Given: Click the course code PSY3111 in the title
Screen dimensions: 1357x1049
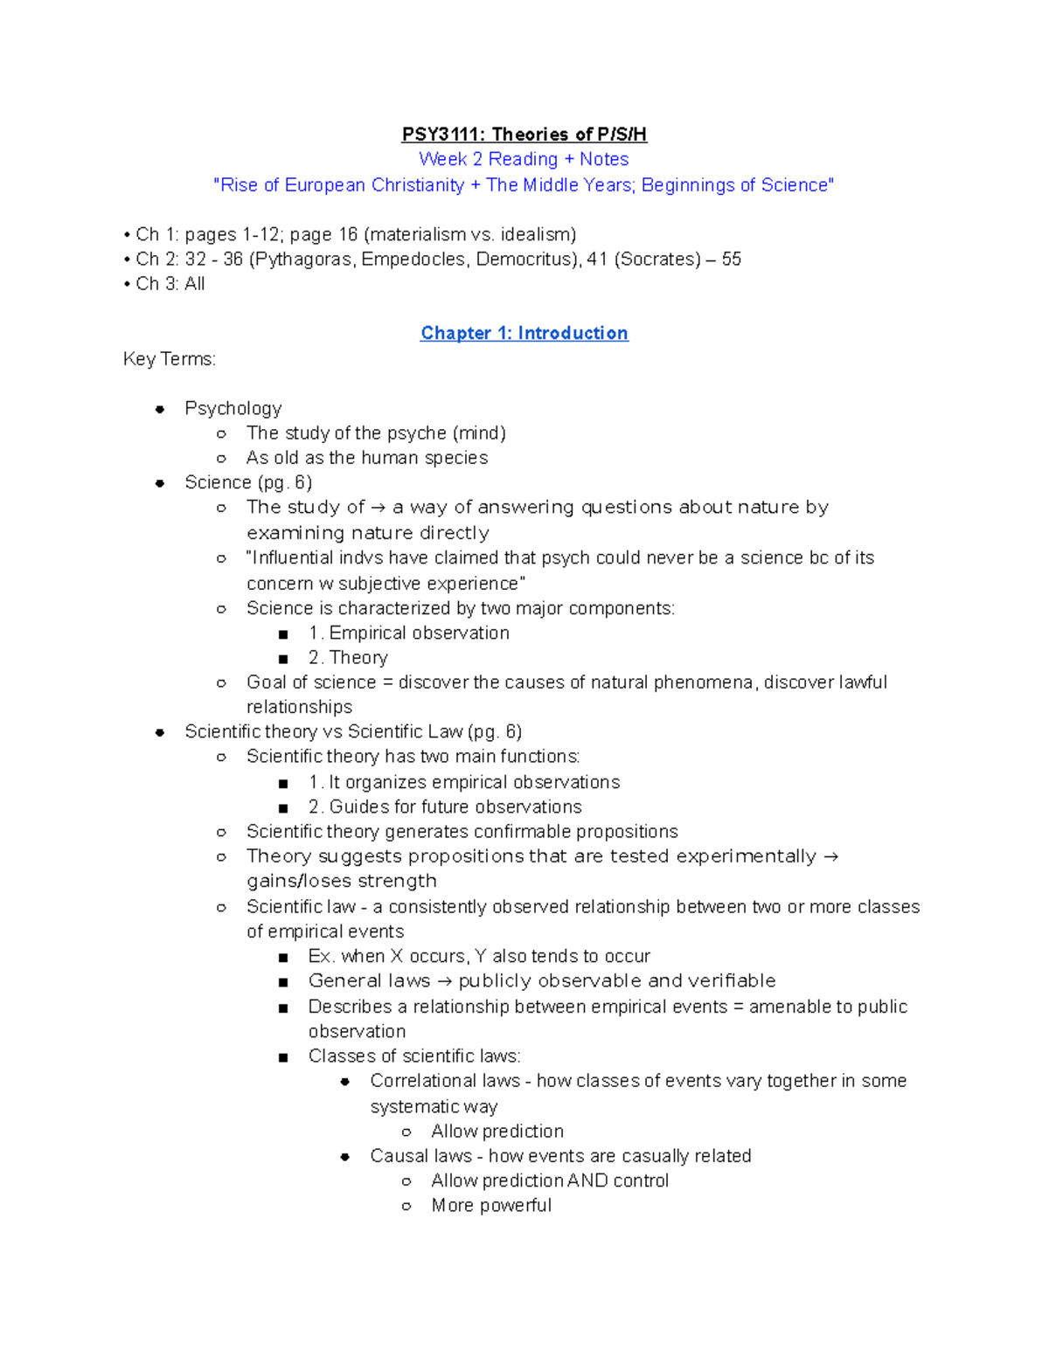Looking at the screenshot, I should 442,134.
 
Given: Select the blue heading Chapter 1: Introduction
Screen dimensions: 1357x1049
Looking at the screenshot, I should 524,333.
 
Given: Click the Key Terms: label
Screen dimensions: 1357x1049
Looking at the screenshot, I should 170,359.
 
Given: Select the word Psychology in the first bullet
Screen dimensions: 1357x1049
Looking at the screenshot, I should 233,408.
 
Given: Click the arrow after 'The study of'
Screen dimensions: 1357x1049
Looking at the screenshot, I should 378,508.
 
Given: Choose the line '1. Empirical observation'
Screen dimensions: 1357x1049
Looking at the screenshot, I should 408,633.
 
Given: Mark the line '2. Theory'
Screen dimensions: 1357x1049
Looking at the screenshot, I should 348,657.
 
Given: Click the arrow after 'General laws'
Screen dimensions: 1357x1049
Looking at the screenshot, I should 444,981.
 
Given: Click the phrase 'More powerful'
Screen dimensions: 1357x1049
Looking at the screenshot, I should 491,1205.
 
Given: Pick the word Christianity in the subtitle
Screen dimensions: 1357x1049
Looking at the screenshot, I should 418,184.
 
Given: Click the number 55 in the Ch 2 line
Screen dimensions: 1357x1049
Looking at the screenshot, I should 731,259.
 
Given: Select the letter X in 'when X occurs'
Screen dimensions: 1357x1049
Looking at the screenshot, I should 396,956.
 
